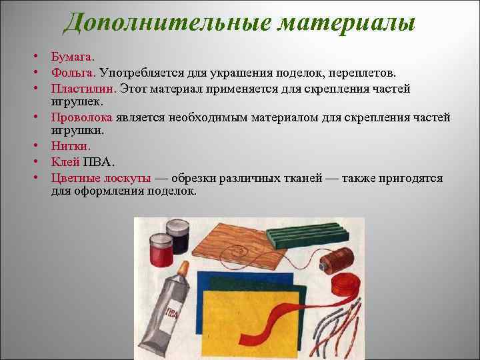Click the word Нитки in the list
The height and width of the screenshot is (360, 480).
[71, 145]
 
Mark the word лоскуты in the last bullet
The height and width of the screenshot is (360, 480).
[130, 179]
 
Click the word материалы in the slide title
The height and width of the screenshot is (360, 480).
[346, 23]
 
